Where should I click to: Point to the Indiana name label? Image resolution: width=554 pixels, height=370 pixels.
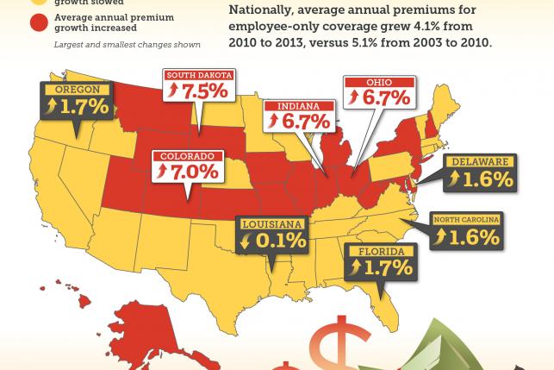click(x=297, y=106)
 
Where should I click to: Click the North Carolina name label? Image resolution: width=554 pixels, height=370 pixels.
click(x=465, y=220)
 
